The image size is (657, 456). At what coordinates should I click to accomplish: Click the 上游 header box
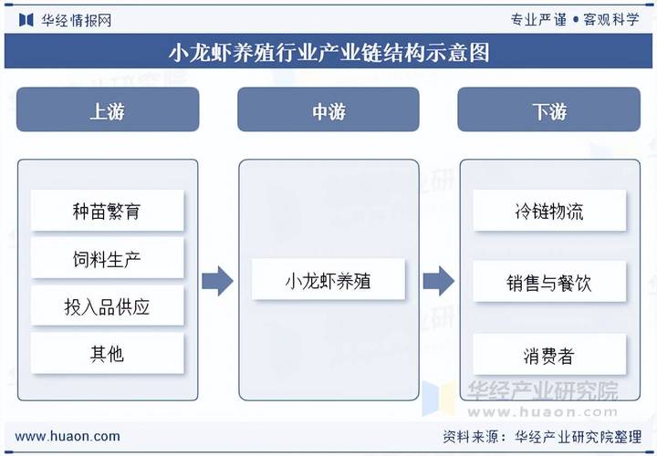tap(108, 111)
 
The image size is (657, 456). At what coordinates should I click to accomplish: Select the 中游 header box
tap(328, 111)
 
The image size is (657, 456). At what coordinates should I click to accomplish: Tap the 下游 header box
tap(549, 111)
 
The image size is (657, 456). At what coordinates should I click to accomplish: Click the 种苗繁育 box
tap(108, 212)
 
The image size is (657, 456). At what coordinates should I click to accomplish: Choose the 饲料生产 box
tap(108, 259)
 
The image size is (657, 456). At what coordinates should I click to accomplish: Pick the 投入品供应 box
tap(108, 307)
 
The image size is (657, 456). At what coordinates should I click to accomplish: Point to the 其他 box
tap(108, 354)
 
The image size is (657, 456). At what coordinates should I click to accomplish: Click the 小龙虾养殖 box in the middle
tap(328, 282)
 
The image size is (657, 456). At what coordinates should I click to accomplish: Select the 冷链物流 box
tap(549, 212)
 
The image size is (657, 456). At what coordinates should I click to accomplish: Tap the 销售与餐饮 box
tap(549, 283)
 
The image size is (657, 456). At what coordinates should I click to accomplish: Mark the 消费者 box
tap(549, 355)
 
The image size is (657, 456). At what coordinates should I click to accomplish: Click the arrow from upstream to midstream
tap(217, 282)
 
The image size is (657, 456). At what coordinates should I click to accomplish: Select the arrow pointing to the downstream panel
tap(439, 282)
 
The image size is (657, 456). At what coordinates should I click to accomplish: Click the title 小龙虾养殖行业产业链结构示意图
tap(328, 52)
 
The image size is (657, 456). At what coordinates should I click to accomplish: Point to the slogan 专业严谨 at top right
tap(537, 19)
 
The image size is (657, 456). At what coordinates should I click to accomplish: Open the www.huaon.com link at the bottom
tap(68, 436)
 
